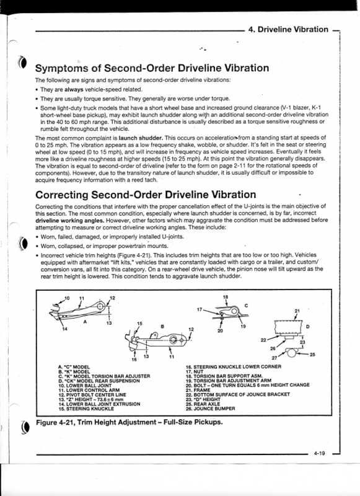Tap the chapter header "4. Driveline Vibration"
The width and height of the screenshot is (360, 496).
point(288,29)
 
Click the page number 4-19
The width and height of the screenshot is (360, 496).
point(319,454)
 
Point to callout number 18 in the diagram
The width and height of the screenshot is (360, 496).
point(226,297)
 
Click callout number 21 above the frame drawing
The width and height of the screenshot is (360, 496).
point(297,310)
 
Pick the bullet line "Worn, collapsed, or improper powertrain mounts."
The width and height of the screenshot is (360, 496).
point(102,245)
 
